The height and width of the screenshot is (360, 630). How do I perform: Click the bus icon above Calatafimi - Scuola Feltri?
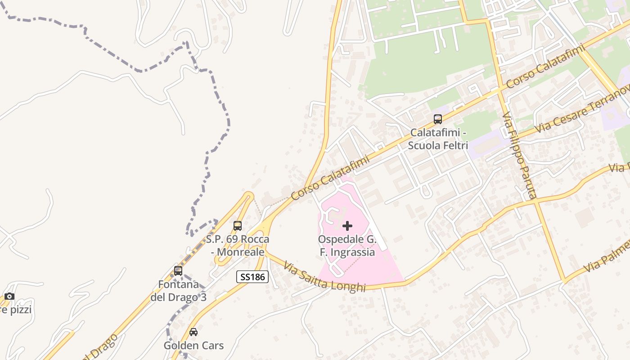(438, 119)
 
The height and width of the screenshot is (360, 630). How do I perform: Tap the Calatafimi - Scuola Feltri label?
(438, 139)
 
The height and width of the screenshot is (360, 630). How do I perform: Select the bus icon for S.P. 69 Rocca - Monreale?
(238, 226)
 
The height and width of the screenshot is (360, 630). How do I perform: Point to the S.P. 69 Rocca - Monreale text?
(238, 246)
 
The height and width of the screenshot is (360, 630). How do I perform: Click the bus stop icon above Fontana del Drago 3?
(178, 271)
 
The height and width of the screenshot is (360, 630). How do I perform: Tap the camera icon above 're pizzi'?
(9, 296)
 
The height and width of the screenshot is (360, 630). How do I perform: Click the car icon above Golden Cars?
(193, 332)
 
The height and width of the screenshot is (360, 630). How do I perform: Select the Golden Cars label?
(193, 346)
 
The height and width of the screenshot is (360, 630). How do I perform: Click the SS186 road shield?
(252, 277)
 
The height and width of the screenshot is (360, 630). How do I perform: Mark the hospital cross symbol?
(347, 226)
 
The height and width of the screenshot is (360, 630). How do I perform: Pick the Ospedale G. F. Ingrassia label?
(347, 246)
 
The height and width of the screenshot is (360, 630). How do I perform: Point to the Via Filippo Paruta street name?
(520, 155)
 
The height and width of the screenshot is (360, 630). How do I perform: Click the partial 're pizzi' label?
(16, 310)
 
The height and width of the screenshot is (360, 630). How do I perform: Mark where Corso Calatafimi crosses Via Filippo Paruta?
(499, 90)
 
